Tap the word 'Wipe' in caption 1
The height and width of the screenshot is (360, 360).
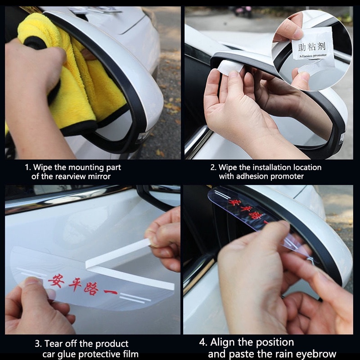pyautogui.click(x=43, y=167)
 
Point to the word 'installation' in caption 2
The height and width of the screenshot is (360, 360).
pyautogui.click(x=274, y=167)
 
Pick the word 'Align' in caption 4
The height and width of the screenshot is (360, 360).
pyautogui.click(x=223, y=342)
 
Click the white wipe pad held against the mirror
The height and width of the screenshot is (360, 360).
pyautogui.click(x=230, y=67)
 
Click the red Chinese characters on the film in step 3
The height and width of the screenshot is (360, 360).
pyautogui.click(x=83, y=285)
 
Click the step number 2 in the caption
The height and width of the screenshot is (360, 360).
pyautogui.click(x=212, y=167)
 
